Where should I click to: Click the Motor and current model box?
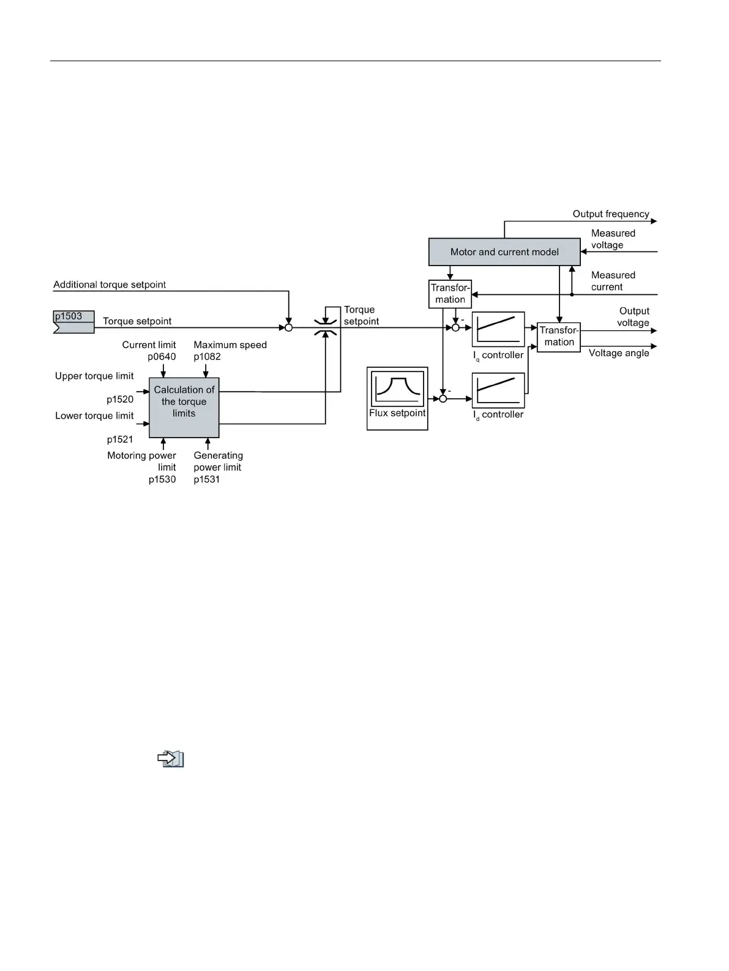[x=504, y=251]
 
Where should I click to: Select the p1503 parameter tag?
[x=73, y=321]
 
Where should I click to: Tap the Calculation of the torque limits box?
[x=184, y=407]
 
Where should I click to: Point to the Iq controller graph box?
[x=498, y=329]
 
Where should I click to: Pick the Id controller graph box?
[x=498, y=390]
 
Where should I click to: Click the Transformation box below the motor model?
[x=450, y=294]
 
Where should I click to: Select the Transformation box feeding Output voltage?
[x=558, y=337]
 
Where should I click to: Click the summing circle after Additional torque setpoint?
[x=288, y=327]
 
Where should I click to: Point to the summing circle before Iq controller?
[x=455, y=327]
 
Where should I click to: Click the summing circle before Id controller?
[x=443, y=399]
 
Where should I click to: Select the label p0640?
[x=162, y=357]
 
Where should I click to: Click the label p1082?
[x=207, y=357]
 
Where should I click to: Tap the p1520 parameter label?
[x=120, y=400]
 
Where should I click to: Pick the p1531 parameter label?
[x=206, y=479]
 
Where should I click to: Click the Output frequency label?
[x=610, y=214]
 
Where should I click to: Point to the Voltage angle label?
[x=618, y=353]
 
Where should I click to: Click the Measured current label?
[x=613, y=281]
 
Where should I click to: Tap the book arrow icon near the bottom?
[x=171, y=759]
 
